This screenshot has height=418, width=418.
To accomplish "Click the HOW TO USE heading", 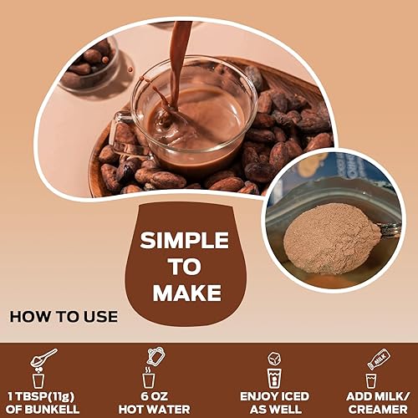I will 64,317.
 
